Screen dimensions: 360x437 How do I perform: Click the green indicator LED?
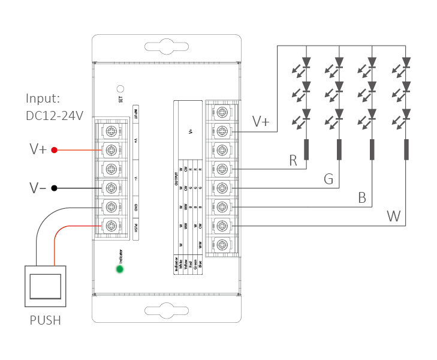coord(120,269)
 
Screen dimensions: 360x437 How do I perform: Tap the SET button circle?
coord(120,88)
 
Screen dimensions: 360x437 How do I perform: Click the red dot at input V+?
coord(54,149)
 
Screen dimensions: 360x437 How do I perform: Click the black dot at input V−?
coord(54,188)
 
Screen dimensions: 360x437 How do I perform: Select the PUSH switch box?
coord(46,286)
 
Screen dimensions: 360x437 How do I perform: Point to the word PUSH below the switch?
coord(46,320)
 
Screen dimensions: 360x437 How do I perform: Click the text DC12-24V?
coord(55,115)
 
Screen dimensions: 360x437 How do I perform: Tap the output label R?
coord(293,160)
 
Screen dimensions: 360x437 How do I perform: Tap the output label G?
coord(328,179)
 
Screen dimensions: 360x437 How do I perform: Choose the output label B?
coord(362,197)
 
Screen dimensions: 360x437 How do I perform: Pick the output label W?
coord(394,216)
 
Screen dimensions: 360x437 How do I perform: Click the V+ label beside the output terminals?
coord(261,122)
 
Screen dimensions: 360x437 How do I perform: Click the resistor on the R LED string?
coord(307,149)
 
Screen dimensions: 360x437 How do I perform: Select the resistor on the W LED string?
coord(406,149)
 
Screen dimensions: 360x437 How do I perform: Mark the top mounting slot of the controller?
coord(166,47)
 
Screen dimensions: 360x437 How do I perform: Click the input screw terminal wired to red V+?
coord(111,149)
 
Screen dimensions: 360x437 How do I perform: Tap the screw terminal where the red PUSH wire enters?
coord(111,226)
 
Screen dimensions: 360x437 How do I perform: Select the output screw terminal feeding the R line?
coord(222,169)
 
